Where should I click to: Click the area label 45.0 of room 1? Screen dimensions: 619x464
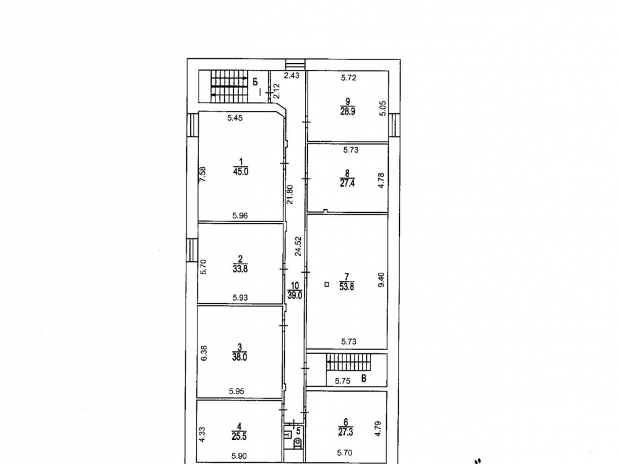240,171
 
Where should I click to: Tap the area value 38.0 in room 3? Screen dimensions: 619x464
240,358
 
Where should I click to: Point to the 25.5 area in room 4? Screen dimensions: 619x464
239,436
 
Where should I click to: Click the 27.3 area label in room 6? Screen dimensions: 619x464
345,432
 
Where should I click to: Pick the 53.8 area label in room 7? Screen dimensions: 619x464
347,287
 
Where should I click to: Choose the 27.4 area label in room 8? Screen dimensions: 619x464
347,184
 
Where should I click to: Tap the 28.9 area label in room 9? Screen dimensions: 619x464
347,111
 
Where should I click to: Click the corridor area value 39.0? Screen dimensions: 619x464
295,295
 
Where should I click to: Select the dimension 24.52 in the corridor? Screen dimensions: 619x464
298,246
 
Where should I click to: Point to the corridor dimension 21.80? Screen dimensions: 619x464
290,194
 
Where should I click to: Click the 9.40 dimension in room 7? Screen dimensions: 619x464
381,280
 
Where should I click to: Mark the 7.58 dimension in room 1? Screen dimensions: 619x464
202,174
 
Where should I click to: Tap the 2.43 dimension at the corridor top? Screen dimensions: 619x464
292,75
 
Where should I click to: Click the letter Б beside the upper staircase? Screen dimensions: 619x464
256,82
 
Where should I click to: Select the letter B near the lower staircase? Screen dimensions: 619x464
364,379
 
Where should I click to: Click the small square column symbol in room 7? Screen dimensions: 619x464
326,284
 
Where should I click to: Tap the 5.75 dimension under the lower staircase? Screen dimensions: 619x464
343,381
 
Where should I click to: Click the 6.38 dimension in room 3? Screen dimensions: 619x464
204,353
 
